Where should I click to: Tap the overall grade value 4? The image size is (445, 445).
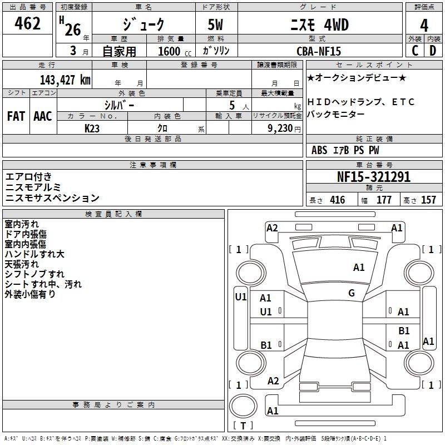click(424, 25)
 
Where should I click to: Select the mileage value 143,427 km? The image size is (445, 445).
click(65, 80)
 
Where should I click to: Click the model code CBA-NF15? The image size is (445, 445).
click(319, 51)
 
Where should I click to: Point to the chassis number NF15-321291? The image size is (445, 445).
click(374, 177)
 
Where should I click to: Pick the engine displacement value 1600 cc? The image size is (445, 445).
click(169, 51)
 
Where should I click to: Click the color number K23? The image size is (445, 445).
click(92, 127)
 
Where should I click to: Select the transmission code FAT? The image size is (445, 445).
click(16, 116)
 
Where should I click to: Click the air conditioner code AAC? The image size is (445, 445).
click(43, 116)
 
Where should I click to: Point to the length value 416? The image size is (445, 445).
click(337, 200)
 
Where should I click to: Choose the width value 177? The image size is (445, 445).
click(384, 200)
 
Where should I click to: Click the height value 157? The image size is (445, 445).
click(428, 200)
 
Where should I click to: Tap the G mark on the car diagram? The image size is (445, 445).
click(352, 293)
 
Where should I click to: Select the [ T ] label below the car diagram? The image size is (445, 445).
click(243, 426)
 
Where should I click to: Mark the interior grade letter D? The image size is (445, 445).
click(433, 51)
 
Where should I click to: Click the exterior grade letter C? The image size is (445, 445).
click(415, 51)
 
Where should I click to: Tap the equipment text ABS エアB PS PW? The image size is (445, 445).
click(345, 150)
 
